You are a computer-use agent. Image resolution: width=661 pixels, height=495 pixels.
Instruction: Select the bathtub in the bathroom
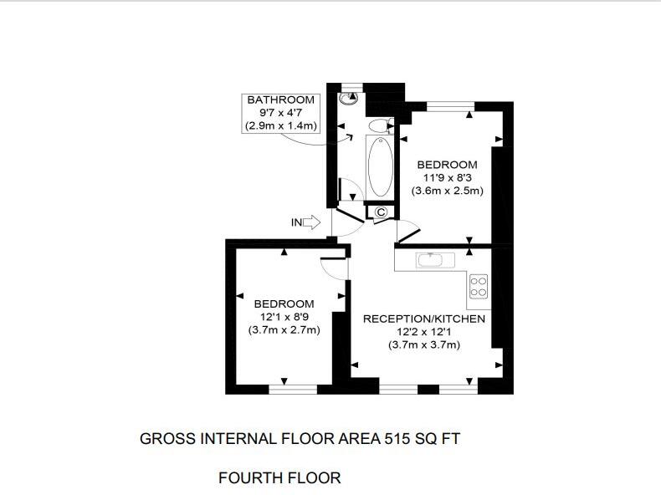pos(379,166)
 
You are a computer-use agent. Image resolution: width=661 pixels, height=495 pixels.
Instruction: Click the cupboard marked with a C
pos(381,212)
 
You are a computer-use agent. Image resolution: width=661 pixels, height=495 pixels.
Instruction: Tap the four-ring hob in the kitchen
pos(479,287)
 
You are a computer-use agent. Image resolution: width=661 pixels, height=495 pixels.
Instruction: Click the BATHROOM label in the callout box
pos(280,100)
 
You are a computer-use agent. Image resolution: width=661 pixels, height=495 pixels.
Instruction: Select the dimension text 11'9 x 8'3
pos(447,177)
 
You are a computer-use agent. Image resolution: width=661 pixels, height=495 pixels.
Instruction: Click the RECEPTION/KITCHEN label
pos(423,319)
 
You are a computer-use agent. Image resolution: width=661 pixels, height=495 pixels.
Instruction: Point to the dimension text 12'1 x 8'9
pos(284,316)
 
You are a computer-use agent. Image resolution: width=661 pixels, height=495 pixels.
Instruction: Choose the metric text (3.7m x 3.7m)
pos(423,344)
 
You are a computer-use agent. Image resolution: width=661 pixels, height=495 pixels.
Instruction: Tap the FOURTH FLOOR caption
pos(279,478)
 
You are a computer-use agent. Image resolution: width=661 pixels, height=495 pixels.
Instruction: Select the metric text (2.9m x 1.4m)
pos(280,125)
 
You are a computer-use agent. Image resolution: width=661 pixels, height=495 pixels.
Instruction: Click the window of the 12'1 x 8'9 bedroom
pos(293,389)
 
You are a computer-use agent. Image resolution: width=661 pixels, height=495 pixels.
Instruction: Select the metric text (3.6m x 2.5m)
pos(447,191)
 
